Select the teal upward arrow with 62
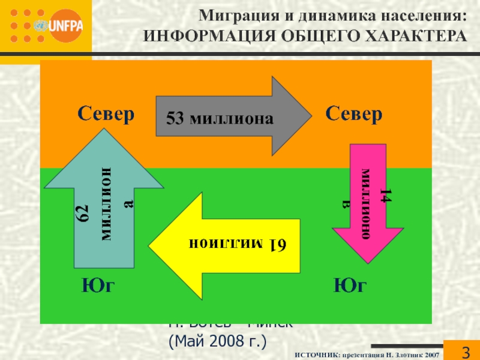coord(103,204)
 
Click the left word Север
coord(106,114)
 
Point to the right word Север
coord(354,114)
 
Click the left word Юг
coord(98,286)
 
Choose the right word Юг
coord(350,286)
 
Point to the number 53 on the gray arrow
coord(175,119)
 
